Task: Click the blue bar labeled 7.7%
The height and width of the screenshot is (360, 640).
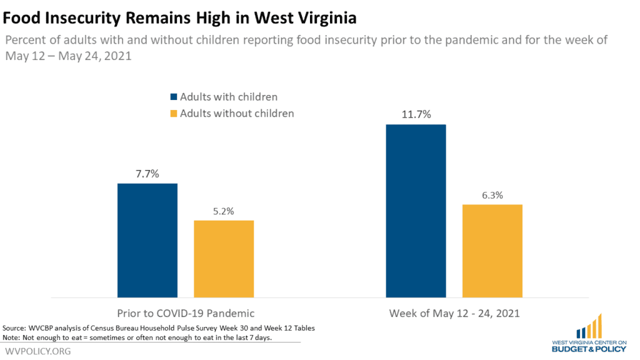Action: (x=147, y=241)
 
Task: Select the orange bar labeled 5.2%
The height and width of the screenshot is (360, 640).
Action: (x=224, y=259)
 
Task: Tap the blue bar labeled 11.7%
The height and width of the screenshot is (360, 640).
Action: (x=416, y=211)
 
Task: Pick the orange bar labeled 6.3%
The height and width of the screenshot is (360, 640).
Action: (x=492, y=251)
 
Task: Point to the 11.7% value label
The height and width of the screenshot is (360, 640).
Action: (x=416, y=114)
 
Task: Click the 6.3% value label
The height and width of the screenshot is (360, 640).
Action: (x=492, y=195)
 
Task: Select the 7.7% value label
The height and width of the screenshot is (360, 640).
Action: (x=147, y=174)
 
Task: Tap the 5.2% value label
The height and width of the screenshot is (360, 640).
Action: (x=224, y=211)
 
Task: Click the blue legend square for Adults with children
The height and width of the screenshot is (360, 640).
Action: (x=174, y=97)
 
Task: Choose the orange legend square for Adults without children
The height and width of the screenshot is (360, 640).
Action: (x=174, y=114)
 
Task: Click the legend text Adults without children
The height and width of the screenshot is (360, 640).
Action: (x=237, y=114)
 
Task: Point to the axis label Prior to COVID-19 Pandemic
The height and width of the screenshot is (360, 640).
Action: (x=186, y=314)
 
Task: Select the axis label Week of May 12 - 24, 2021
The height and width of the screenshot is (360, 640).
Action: (x=454, y=314)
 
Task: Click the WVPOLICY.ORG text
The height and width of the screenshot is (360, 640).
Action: (x=38, y=351)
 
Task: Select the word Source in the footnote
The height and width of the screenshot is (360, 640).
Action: (x=14, y=327)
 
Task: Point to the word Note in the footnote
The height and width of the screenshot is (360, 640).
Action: (x=11, y=337)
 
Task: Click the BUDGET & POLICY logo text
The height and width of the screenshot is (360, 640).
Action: (x=589, y=349)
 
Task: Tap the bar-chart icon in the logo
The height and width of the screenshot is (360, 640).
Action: (x=589, y=326)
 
